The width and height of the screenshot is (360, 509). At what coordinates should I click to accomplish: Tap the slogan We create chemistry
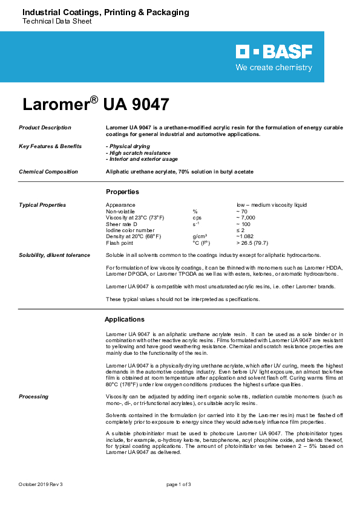tap(273, 68)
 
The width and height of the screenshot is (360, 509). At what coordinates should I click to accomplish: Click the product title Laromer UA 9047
tap(96, 104)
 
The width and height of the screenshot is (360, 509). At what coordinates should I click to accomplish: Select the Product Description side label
tap(45, 128)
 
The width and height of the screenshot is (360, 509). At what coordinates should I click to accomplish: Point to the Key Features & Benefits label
tap(49, 146)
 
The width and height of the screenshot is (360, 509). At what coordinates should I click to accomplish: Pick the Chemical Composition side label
tap(48, 172)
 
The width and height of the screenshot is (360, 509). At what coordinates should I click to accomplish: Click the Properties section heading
tap(122, 192)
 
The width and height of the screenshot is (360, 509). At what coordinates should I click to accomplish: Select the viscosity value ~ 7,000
tap(247, 217)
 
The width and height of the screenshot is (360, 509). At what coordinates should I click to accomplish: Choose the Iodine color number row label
tap(130, 230)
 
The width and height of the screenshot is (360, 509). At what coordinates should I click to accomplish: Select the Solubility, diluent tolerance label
tap(54, 255)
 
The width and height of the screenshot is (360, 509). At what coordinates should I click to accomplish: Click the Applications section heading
tap(125, 319)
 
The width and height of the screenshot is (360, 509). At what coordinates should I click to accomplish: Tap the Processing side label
tap(33, 397)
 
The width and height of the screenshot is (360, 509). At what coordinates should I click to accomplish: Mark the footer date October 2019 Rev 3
tap(41, 485)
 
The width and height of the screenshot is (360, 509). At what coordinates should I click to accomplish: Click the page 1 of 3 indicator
tap(179, 485)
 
